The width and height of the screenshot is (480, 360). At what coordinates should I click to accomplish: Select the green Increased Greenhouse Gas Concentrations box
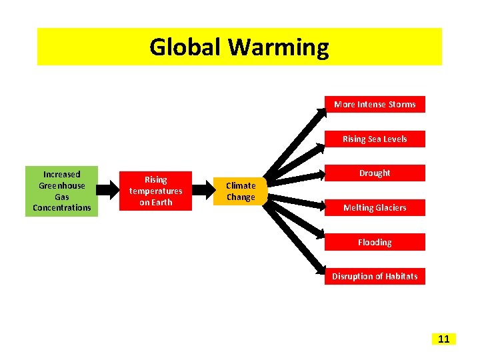62,191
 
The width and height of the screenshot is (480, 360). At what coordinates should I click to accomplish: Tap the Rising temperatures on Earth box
156,191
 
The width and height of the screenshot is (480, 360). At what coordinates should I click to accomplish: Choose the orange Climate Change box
241,191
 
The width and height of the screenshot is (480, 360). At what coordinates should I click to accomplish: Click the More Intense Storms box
375,105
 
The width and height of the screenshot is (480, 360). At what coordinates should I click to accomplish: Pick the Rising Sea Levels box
375,139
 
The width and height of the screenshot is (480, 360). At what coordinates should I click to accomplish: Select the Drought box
375,173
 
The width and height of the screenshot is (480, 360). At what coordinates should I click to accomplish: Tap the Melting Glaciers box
375,208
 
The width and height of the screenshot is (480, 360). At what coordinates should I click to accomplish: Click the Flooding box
375,243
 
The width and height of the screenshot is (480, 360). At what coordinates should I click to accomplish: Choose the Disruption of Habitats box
375,277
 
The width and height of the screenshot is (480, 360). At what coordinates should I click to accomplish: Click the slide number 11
444,339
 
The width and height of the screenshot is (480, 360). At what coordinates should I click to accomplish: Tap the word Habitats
401,277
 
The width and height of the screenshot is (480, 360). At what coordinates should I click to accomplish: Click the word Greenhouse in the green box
62,186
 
